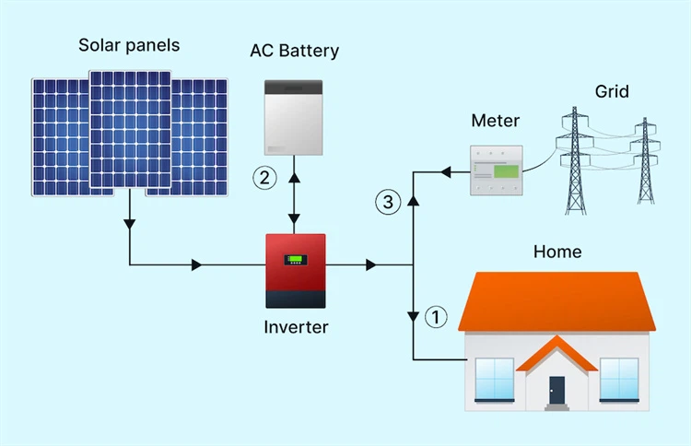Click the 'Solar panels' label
(129, 45)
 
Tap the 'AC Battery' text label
(294, 50)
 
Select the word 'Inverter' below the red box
(296, 326)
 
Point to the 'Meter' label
(495, 121)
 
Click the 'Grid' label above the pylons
(612, 91)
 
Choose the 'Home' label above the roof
(557, 251)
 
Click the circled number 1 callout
(436, 317)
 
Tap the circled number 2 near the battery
(265, 177)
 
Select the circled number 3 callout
(389, 202)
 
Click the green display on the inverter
(295, 261)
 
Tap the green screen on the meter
(505, 170)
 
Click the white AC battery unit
(294, 118)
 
